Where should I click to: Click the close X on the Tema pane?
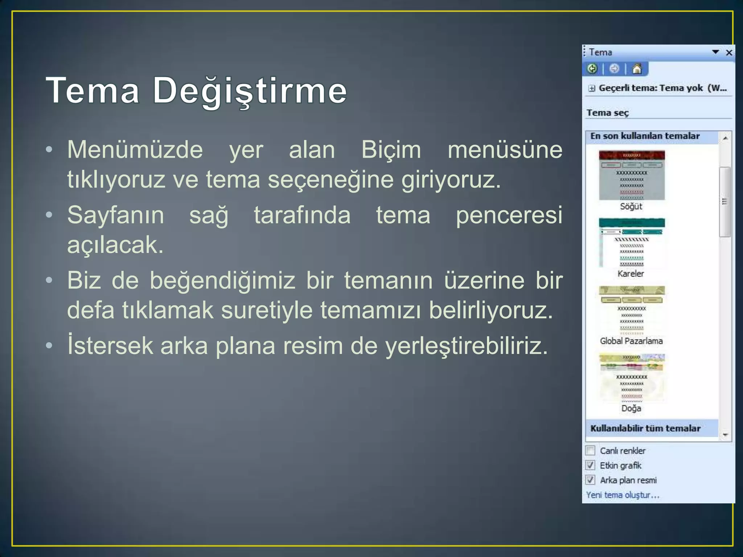click(x=729, y=53)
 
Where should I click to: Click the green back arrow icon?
click(x=592, y=69)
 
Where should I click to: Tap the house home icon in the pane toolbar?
click(x=637, y=69)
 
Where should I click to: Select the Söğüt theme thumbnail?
click(x=632, y=176)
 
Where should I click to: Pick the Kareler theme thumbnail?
click(x=632, y=243)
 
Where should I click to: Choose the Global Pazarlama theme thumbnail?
click(x=632, y=310)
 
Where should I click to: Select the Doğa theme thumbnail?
click(x=632, y=378)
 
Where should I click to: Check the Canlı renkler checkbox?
click(x=591, y=450)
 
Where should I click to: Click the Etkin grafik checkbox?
click(x=591, y=465)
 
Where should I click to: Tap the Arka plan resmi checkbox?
click(x=591, y=480)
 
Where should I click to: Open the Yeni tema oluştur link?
click(x=623, y=495)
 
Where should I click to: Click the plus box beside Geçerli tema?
click(x=592, y=88)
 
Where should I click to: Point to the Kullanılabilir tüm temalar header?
click(x=645, y=428)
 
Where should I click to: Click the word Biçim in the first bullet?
click(x=391, y=150)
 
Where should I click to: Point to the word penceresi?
click(x=509, y=215)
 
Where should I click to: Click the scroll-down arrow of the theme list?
click(x=725, y=434)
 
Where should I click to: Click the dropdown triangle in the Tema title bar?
click(x=715, y=52)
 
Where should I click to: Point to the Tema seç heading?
click(x=608, y=113)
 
